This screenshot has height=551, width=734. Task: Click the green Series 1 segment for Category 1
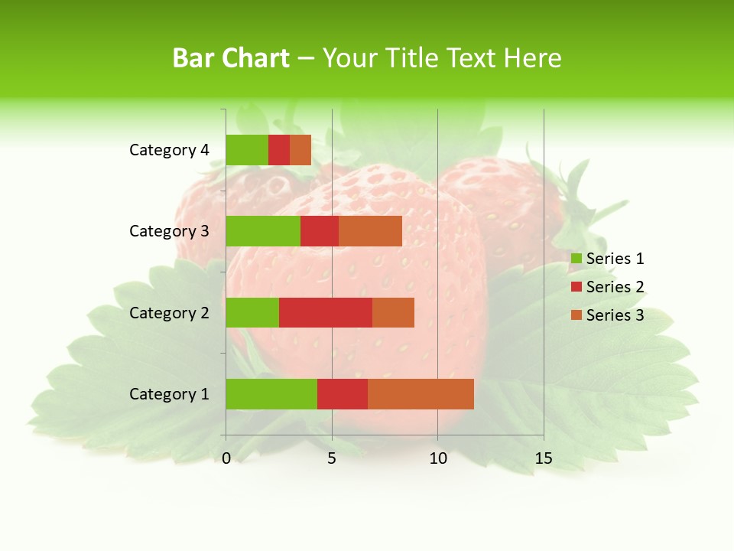(271, 394)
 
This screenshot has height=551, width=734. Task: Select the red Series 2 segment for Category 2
(326, 312)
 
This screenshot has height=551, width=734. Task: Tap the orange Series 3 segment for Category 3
(370, 231)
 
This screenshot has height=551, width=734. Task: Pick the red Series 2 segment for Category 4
(279, 150)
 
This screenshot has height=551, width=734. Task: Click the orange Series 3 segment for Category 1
(421, 394)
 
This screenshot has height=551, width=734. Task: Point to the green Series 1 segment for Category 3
(263, 231)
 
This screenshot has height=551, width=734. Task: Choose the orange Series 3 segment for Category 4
(300, 150)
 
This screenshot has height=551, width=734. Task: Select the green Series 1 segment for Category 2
(252, 312)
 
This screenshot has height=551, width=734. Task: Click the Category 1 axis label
(169, 394)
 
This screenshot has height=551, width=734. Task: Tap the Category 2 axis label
(169, 312)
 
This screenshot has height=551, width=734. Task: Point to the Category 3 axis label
(169, 231)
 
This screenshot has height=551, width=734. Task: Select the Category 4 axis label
(169, 150)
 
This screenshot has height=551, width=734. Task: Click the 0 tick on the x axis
(226, 458)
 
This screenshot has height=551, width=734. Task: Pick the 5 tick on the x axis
(332, 458)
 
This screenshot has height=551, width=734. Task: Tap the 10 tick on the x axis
(437, 458)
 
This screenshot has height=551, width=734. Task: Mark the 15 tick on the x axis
(544, 458)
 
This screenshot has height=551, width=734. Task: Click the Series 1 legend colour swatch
(576, 259)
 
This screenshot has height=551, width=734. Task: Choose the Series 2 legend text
(615, 287)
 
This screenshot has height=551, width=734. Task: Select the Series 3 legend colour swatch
(576, 315)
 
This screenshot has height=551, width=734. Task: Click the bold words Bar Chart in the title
(231, 58)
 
